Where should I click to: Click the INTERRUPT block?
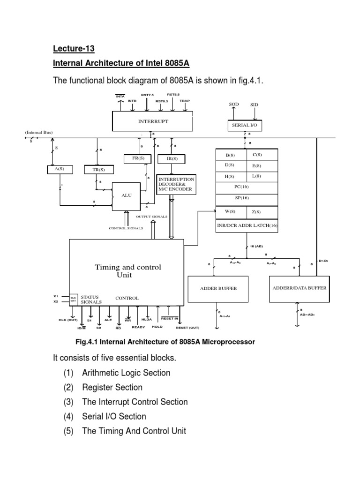point(153,121)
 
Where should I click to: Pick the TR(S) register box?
point(96,169)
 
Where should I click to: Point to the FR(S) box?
point(138,158)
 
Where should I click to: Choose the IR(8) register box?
point(172,159)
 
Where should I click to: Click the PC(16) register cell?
point(247,186)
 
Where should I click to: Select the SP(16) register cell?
point(247,198)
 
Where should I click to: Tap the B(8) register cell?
point(231,154)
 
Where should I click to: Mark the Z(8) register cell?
point(262,212)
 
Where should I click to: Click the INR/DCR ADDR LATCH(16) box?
point(247,226)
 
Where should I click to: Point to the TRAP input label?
point(185,100)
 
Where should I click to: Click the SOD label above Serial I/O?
point(234,104)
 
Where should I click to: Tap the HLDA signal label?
point(147,319)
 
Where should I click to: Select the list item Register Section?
point(112,387)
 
